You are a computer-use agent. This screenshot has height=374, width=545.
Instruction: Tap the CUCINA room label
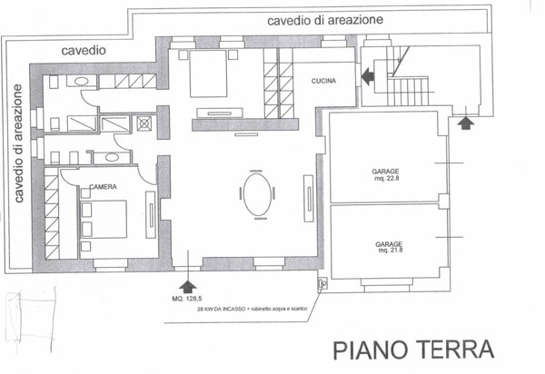[x=324, y=81]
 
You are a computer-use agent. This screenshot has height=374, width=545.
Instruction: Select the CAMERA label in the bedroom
[x=101, y=187]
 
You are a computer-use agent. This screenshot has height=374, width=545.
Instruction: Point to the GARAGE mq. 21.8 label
[x=389, y=247]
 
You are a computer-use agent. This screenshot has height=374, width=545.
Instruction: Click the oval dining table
[x=255, y=194]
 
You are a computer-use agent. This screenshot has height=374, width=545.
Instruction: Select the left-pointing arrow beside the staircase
[x=368, y=77]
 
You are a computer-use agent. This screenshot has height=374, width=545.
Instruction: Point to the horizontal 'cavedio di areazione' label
[x=325, y=19]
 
